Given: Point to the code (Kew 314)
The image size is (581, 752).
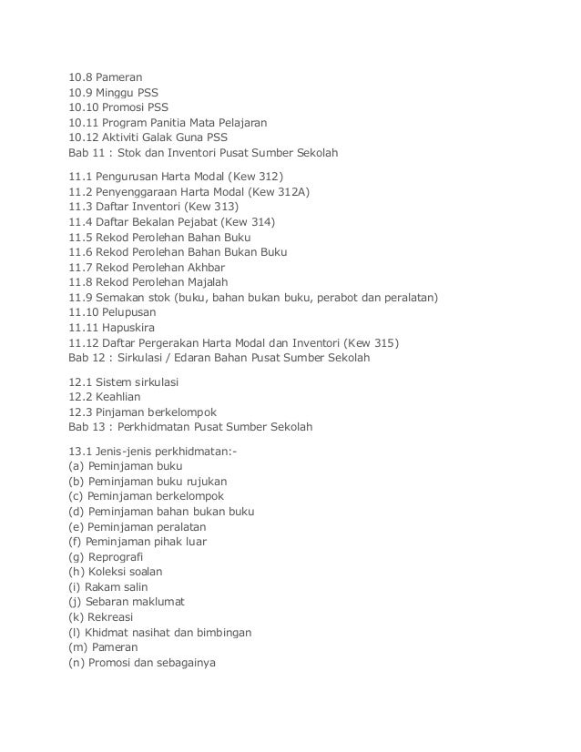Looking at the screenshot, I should point(244,220).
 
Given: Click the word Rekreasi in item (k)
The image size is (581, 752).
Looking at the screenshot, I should point(112,615).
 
